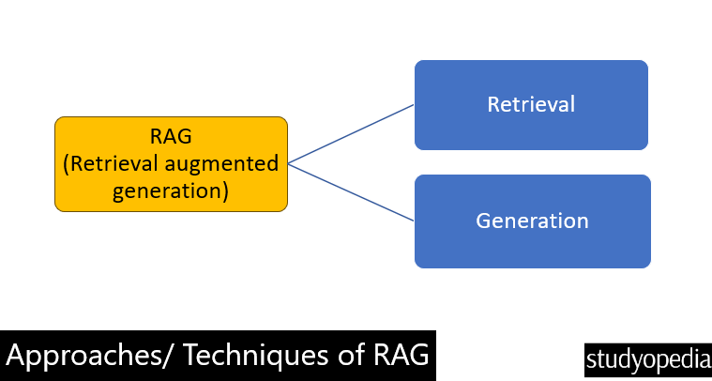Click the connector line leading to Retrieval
point(352,134)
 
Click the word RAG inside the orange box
point(171,136)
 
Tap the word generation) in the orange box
point(171,191)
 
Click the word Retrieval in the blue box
point(531,104)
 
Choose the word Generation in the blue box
point(532,221)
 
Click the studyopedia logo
point(647,358)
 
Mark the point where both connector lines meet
point(289,163)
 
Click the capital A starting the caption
point(16,357)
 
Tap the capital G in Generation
point(485,221)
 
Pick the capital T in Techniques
point(192,357)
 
